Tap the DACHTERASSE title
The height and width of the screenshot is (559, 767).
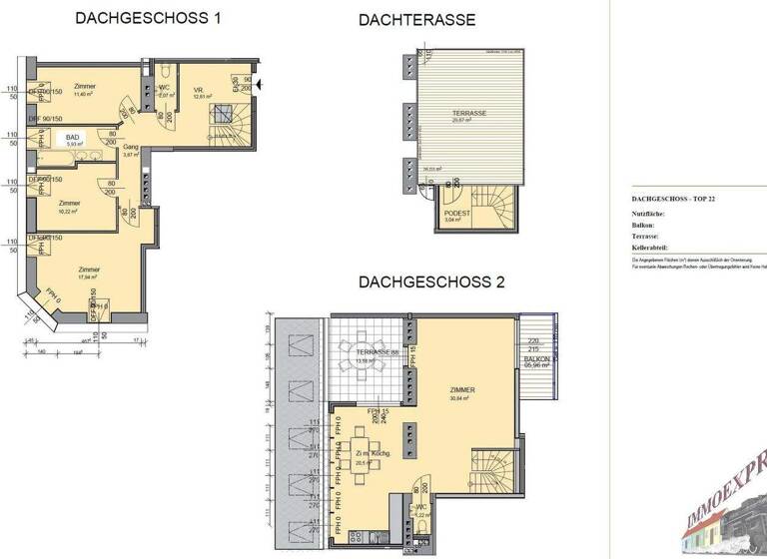point(417,20)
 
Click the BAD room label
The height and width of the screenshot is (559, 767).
point(72,138)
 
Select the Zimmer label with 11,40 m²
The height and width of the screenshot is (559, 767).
point(85,88)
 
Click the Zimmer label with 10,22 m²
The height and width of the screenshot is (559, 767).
point(69,203)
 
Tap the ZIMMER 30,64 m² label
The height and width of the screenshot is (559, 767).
point(461,390)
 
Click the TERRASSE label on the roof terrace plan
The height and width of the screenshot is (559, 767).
point(467,114)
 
